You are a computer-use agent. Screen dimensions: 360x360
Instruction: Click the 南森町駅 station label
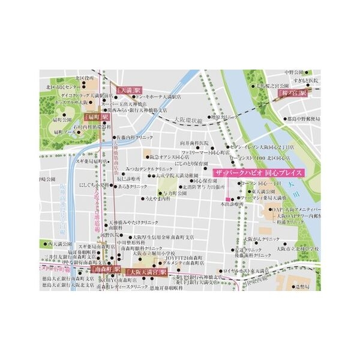click(108, 271)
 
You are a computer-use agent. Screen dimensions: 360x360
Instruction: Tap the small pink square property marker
click(227, 199)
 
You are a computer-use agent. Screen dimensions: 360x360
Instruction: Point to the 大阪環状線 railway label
click(187, 119)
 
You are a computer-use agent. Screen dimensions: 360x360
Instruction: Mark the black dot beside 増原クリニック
click(209, 118)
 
